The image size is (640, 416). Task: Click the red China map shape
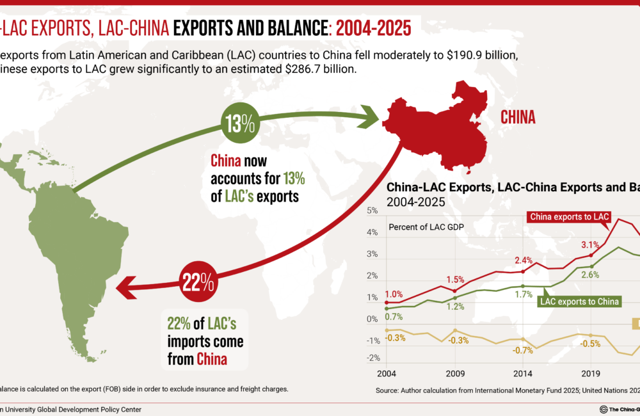441,129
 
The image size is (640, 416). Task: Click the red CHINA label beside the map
518,117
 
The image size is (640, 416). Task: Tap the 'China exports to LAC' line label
568,216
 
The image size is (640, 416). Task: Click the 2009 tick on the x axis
454,373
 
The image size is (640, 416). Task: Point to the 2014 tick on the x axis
522,373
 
